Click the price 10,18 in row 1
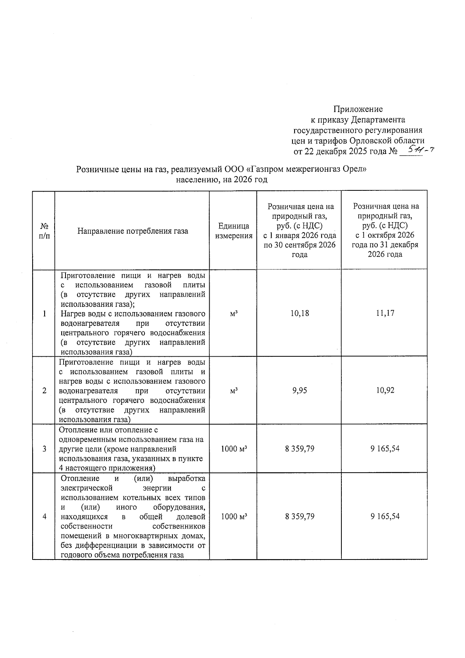(x=300, y=313)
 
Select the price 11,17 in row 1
(x=385, y=313)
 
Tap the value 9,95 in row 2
(x=300, y=390)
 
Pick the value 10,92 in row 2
(x=385, y=390)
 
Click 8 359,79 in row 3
(x=300, y=449)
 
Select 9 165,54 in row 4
(x=385, y=516)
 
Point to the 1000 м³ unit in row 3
(x=234, y=449)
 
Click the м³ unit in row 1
(x=233, y=313)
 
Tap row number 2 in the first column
(x=45, y=390)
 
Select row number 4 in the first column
(x=45, y=516)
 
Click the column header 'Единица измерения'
(x=234, y=231)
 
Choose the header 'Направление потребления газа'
(x=133, y=231)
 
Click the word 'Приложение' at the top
(x=358, y=109)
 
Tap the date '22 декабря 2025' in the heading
(x=336, y=151)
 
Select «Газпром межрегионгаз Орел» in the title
(x=306, y=169)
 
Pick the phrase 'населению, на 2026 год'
(x=222, y=180)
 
